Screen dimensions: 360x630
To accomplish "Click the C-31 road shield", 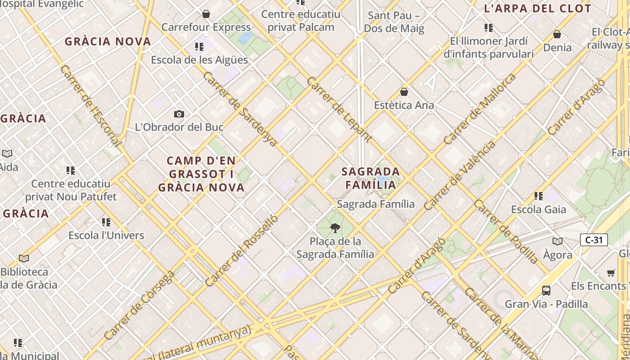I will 594,240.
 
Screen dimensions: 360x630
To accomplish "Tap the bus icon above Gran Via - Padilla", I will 546,290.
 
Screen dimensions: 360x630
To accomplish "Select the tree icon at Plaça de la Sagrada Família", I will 335,228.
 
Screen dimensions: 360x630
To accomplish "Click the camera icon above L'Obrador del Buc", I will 179,114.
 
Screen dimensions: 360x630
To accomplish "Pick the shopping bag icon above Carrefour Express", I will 206,14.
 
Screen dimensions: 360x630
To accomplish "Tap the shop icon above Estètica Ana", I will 404,92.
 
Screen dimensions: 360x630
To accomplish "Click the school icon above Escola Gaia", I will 539,196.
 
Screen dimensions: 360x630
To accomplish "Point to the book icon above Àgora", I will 558,241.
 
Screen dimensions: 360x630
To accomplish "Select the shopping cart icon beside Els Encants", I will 611,273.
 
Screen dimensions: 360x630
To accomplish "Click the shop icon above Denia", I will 557,34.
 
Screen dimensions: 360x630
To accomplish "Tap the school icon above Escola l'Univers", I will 106,222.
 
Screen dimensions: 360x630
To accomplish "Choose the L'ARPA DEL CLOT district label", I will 537,9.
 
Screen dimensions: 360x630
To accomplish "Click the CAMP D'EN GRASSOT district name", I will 201,174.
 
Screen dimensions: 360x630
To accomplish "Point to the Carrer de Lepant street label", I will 339,109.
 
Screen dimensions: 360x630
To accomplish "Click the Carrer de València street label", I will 459,175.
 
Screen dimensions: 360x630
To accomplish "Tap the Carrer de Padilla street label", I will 505,231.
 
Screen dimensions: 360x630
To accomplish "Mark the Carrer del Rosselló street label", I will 242,251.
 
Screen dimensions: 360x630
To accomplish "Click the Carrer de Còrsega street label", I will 139,305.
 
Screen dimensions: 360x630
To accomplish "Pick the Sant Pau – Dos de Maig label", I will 394,22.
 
